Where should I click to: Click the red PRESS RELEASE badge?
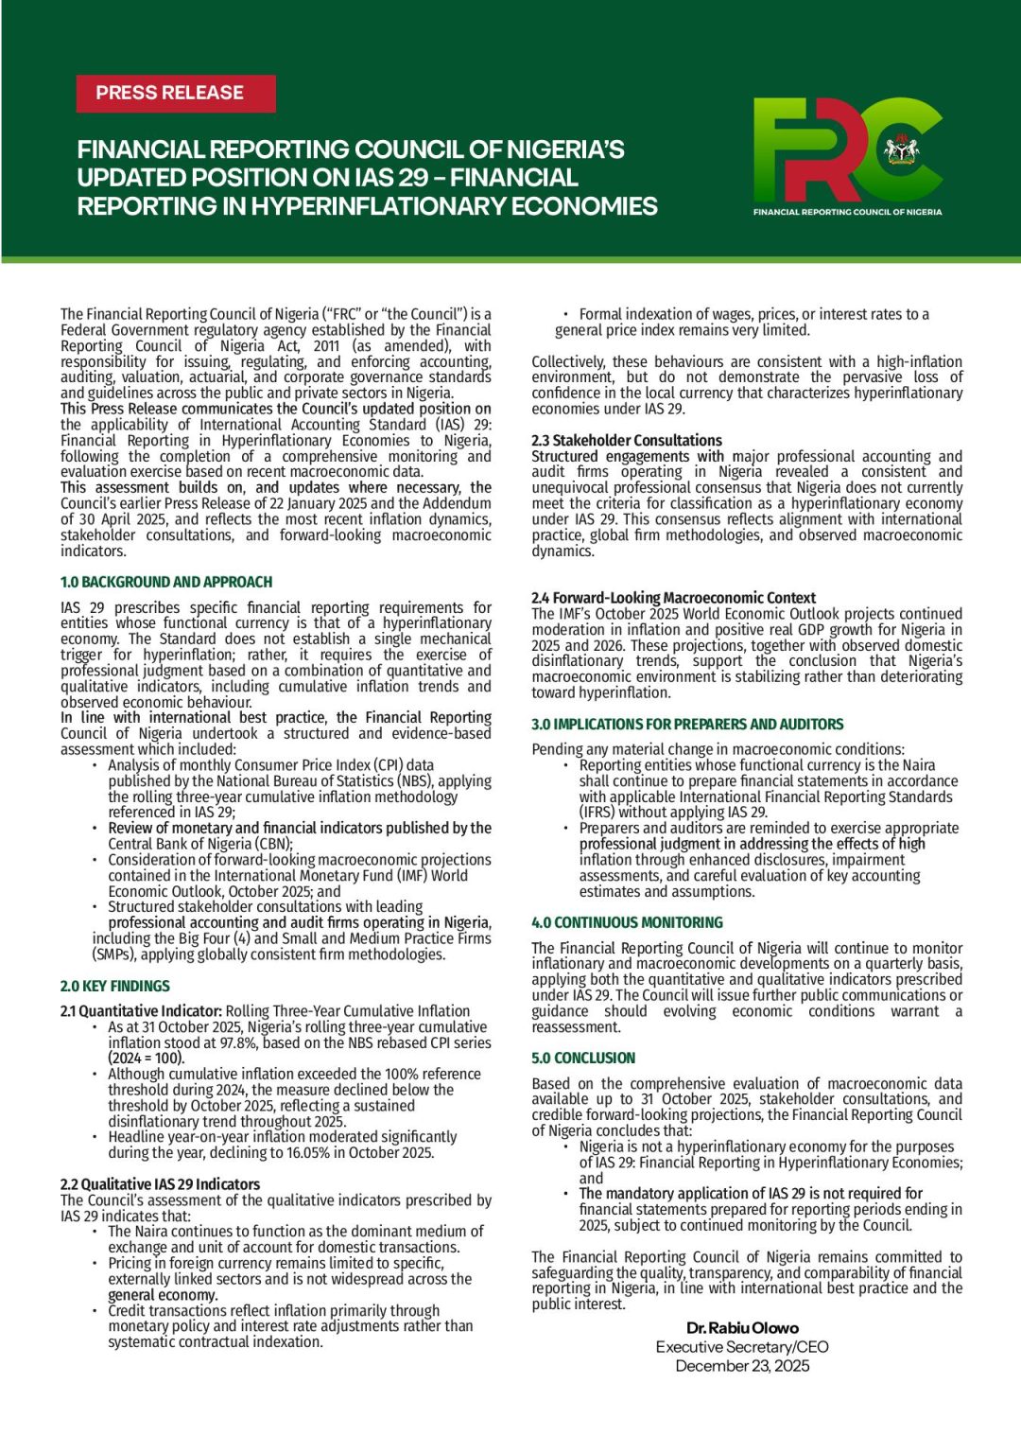tap(175, 94)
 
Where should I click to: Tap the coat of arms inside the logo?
tap(901, 149)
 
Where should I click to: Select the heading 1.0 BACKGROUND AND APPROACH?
tap(166, 582)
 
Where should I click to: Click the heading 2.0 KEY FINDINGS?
tap(115, 986)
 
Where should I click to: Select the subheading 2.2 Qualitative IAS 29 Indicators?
tap(160, 1183)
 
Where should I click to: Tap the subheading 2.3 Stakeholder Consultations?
tap(627, 440)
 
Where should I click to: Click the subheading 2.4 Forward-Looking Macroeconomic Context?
tap(673, 598)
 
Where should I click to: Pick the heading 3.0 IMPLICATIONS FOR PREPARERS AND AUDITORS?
tap(687, 724)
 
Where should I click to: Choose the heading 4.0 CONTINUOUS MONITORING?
tap(627, 922)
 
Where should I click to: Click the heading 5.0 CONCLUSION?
tap(583, 1058)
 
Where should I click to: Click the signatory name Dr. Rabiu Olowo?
tap(742, 1327)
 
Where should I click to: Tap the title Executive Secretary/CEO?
tap(742, 1346)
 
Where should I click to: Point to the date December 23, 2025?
tap(742, 1365)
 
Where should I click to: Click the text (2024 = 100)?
tap(147, 1058)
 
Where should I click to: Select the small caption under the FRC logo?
tap(847, 212)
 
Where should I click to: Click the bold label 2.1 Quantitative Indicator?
tap(141, 1010)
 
